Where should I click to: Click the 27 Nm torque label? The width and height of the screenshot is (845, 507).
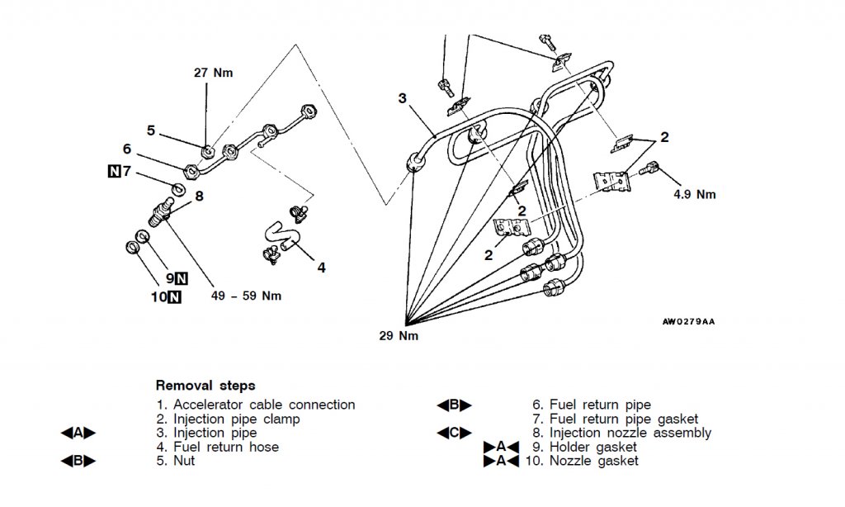click(x=212, y=73)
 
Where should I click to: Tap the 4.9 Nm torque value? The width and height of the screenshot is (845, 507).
click(x=693, y=195)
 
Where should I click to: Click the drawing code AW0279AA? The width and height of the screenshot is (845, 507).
click(x=688, y=321)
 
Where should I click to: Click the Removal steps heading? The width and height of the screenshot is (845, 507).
click(x=205, y=385)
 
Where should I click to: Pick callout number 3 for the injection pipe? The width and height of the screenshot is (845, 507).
click(x=402, y=98)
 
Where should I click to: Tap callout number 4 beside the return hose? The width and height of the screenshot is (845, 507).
click(x=321, y=267)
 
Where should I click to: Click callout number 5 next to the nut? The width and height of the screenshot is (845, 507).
click(x=151, y=130)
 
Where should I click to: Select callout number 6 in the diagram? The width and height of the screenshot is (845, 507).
click(x=126, y=149)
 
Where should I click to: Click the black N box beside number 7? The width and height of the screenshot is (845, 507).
click(x=114, y=172)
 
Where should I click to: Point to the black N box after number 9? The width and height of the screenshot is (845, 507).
click(x=180, y=278)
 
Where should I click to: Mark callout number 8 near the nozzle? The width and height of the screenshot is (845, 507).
click(x=199, y=196)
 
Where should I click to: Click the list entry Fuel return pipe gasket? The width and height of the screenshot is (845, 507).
click(x=615, y=419)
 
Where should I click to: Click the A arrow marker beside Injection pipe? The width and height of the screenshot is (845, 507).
click(x=78, y=433)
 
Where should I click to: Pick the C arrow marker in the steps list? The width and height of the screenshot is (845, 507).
click(x=454, y=433)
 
